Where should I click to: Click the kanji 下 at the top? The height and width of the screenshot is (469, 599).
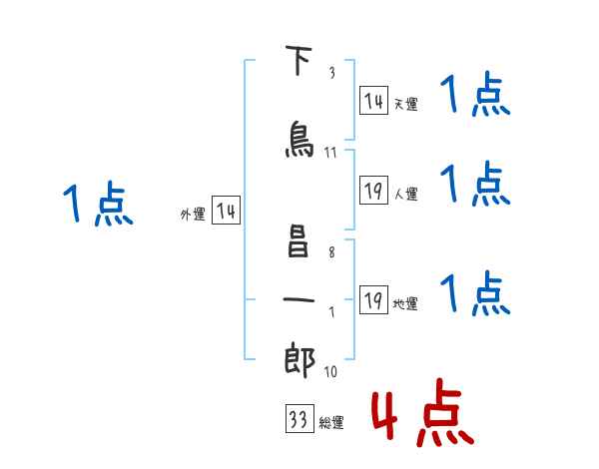click(299, 60)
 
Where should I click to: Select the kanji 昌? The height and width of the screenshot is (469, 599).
click(298, 240)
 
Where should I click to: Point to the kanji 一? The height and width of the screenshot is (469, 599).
click(299, 299)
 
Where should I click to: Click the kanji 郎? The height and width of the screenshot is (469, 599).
click(299, 360)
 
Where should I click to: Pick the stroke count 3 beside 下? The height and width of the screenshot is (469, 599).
click(332, 72)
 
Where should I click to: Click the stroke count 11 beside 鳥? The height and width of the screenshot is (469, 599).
click(330, 153)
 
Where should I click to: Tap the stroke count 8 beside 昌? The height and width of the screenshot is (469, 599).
click(331, 252)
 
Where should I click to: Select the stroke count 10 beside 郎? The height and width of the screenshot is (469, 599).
click(330, 371)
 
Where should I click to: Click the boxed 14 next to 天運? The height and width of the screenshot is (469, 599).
click(373, 100)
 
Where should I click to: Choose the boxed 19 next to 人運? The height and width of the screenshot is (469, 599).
click(373, 190)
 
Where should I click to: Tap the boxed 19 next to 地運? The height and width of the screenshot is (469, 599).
click(373, 299)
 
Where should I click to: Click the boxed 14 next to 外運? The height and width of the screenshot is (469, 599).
click(226, 211)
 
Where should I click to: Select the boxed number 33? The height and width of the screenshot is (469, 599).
click(299, 418)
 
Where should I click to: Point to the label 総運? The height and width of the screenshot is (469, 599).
click(331, 423)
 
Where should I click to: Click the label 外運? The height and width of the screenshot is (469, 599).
click(193, 215)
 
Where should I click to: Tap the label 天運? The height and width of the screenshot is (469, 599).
click(405, 104)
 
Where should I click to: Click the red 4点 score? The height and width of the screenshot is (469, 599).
click(422, 412)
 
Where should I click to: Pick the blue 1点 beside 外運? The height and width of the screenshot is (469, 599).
click(98, 204)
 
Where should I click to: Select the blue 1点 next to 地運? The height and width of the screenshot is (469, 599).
click(475, 293)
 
